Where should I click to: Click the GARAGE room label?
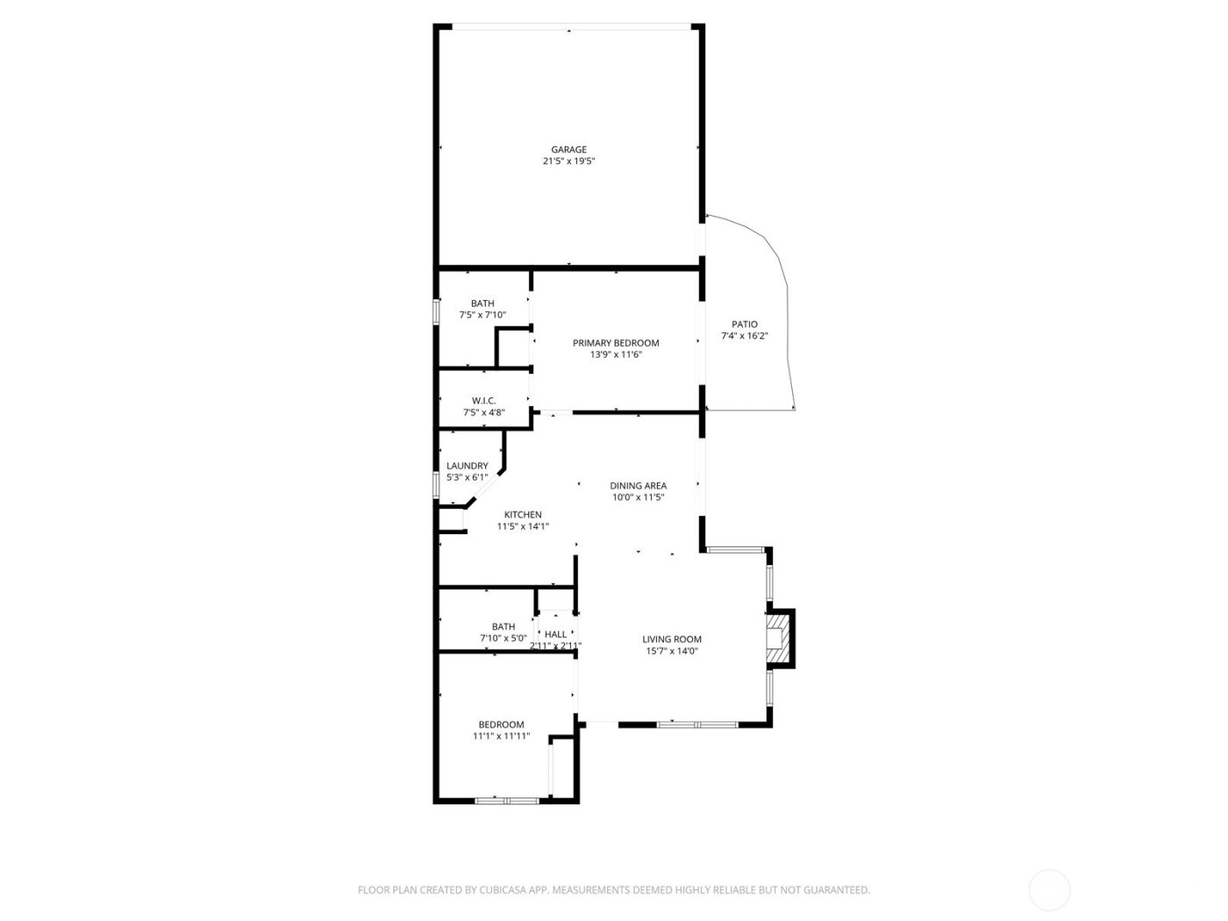coord(568,149)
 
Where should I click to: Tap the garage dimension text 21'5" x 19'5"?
coord(568,161)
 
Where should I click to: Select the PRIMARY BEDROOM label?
coord(616,343)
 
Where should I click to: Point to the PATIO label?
coord(744,324)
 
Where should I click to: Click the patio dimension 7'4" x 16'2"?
coord(744,336)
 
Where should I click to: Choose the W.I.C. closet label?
coord(483,401)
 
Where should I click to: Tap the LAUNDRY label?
coord(467,466)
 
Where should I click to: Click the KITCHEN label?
coord(523,515)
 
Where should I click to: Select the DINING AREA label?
coord(638,485)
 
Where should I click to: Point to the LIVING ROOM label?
coord(672,639)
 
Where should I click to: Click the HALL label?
coord(555,634)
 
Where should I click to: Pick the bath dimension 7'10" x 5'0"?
coord(503,639)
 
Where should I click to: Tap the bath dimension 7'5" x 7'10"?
coord(482,315)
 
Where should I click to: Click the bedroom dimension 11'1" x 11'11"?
coord(501,737)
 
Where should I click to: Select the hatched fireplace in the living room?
coord(776,637)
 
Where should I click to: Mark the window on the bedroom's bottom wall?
coord(507,800)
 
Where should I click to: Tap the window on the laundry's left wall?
coord(436,485)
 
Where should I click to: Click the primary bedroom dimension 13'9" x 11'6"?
coord(616,355)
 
